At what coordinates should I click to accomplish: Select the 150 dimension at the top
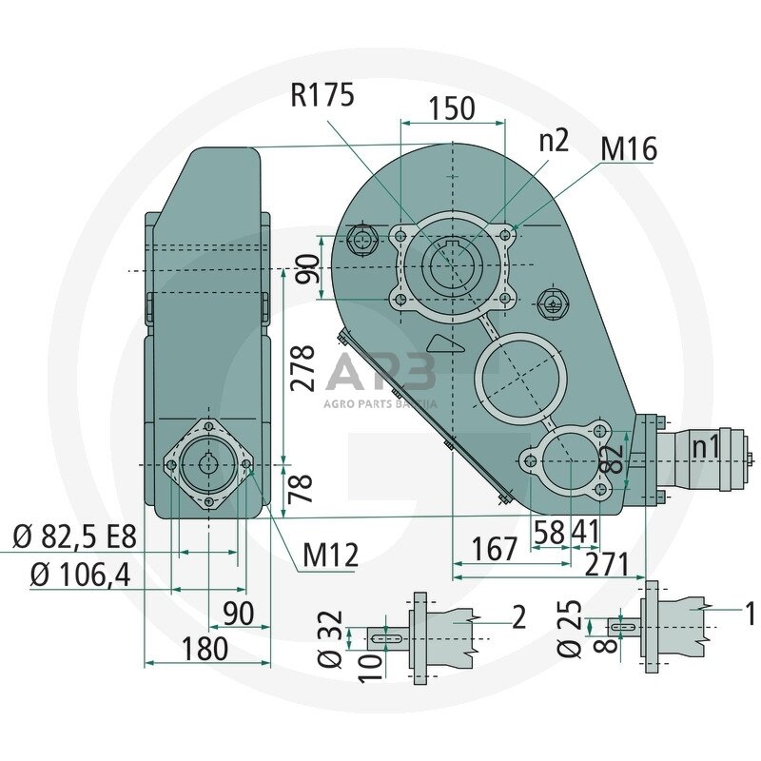tap(451, 108)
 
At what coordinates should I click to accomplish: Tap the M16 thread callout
tap(629, 148)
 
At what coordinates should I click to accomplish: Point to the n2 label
tap(553, 141)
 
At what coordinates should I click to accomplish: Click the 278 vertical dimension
tap(302, 369)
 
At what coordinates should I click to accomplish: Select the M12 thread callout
tap(330, 556)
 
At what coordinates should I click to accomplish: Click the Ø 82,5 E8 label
tap(75, 538)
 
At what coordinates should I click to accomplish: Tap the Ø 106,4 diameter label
tap(80, 575)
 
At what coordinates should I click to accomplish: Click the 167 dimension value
tap(495, 549)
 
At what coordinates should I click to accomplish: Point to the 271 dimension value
tap(608, 565)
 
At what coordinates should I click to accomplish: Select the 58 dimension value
tap(550, 532)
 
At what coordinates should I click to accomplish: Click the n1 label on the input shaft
tap(705, 446)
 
